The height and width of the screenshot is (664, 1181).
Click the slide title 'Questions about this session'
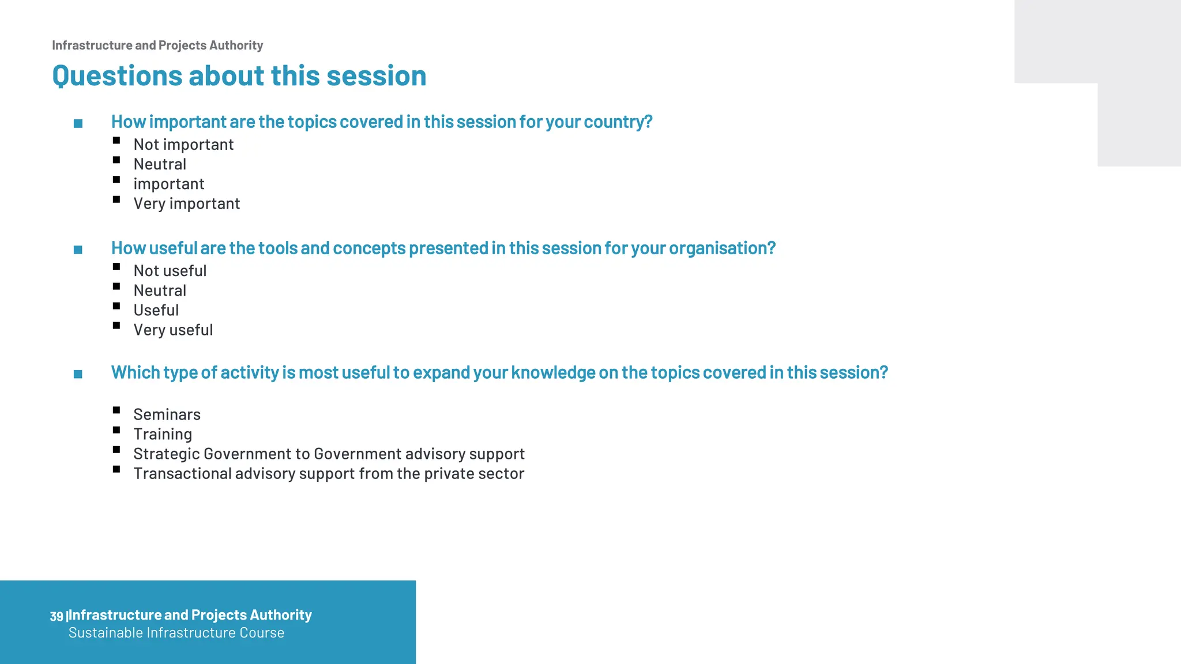tap(239, 76)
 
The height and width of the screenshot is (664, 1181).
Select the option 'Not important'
tap(183, 145)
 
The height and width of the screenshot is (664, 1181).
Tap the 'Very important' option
tap(186, 203)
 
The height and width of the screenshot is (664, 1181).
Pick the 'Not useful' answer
tap(170, 271)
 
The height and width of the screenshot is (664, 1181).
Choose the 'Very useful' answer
tap(173, 330)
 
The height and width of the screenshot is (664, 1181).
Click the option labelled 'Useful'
tap(156, 311)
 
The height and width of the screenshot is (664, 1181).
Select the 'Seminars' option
tap(167, 415)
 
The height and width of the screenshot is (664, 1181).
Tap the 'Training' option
tap(163, 435)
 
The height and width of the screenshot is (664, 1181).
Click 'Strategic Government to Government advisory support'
tap(329, 454)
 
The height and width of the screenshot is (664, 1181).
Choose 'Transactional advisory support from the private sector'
tap(329, 474)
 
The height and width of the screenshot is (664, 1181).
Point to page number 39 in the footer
tap(56, 616)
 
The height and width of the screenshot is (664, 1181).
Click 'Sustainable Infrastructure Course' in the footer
tap(176, 633)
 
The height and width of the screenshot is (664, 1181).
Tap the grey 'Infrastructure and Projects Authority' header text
tap(157, 46)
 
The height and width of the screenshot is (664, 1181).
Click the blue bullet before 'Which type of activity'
tap(78, 375)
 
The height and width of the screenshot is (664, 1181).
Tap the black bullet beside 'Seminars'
tap(116, 410)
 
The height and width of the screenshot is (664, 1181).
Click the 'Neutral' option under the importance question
tap(160, 164)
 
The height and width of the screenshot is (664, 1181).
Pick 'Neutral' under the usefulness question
tap(160, 290)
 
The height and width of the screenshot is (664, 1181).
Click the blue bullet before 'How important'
tap(78, 123)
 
